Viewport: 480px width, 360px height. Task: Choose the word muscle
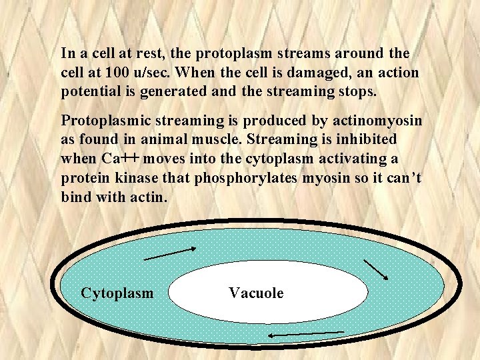coord(227,140)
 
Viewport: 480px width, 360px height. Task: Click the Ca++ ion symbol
coord(119,159)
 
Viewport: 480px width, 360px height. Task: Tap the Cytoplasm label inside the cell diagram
coord(117,293)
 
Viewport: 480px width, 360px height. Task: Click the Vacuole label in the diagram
coord(256,293)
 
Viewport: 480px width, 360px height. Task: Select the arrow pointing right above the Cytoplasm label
coord(170,253)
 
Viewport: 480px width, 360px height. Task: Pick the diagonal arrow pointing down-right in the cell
coord(376,269)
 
